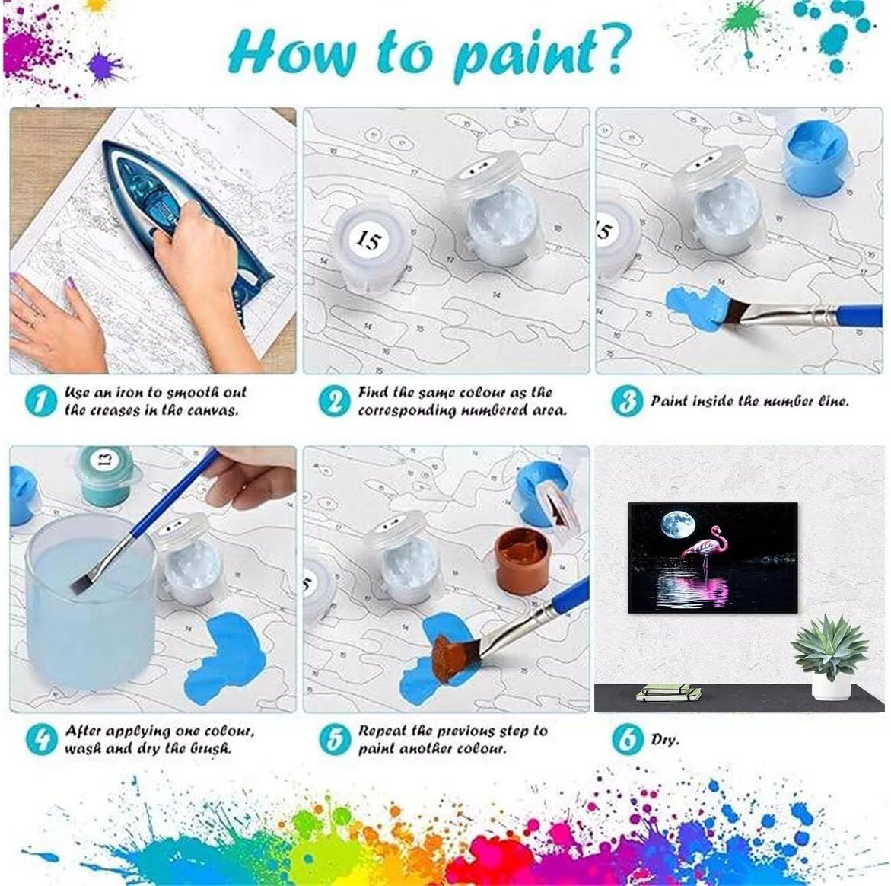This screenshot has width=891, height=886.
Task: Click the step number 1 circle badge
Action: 41,400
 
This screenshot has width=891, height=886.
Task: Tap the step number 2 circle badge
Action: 334,400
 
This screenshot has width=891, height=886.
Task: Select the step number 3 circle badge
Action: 627,400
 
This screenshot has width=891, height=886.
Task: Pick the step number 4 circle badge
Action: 41,739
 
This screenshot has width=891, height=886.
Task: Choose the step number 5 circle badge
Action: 334,739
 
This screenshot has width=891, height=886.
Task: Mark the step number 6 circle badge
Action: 627,739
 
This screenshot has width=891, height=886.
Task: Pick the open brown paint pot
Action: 522,559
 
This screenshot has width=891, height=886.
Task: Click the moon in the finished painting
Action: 678,524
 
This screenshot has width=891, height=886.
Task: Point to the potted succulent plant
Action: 830,656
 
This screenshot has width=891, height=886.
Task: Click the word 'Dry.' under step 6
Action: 665,739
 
